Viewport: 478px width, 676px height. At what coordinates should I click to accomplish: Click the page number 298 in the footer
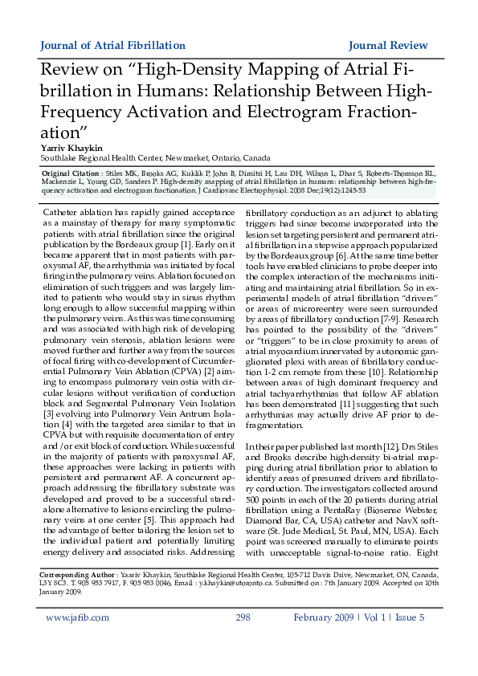point(243,640)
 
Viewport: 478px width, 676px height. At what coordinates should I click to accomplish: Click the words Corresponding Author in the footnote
point(77,576)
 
